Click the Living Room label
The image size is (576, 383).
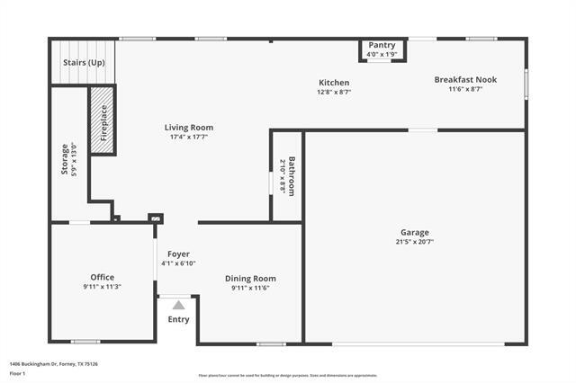tap(188, 128)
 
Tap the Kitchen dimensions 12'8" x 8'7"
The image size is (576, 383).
tap(334, 92)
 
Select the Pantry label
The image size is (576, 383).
tap(382, 45)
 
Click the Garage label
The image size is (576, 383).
tap(415, 232)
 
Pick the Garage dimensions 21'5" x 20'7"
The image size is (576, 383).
tap(415, 242)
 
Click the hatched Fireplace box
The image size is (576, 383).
tap(102, 120)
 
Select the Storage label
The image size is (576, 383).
tap(64, 158)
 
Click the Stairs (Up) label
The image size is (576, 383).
tap(83, 63)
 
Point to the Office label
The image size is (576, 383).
tap(102, 277)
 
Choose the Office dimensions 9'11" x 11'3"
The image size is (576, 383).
tap(102, 287)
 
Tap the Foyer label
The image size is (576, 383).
tap(178, 254)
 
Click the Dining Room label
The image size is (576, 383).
tap(250, 279)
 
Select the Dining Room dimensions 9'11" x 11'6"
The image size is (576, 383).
tap(250, 288)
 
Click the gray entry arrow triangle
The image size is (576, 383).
tap(178, 306)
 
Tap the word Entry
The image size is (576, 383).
tap(178, 319)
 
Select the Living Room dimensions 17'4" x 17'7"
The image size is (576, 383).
tap(188, 138)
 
